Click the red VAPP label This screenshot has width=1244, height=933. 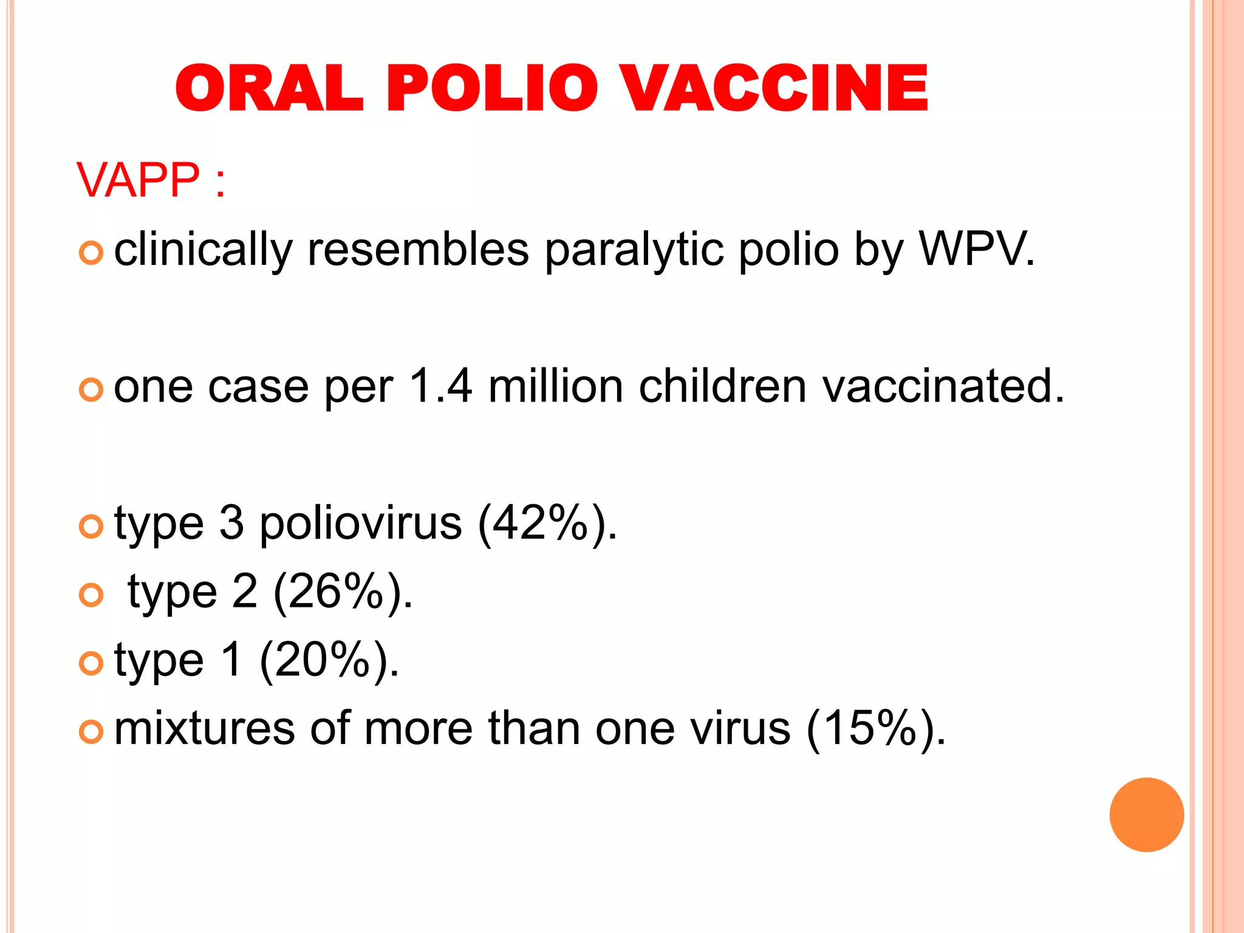138,180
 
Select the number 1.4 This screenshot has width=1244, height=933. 440,386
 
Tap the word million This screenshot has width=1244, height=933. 556,386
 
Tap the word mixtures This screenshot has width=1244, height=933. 204,728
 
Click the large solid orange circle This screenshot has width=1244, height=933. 1146,815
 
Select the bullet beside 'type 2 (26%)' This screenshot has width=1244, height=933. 91,595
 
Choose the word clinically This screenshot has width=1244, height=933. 203,250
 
